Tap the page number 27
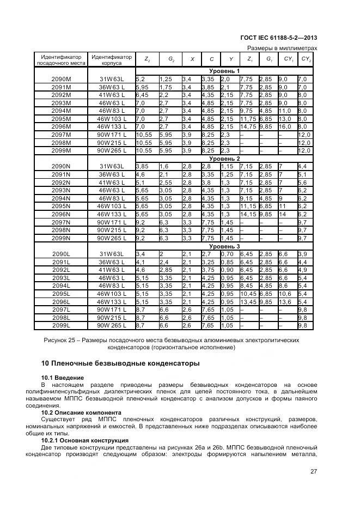click(313, 472)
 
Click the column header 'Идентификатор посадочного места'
click(62, 59)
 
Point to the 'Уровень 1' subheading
click(224, 71)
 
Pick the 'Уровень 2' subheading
click(224, 159)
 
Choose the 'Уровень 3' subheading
click(224, 246)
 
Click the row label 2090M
click(62, 79)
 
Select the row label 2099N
click(62, 238)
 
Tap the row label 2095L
click(62, 294)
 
